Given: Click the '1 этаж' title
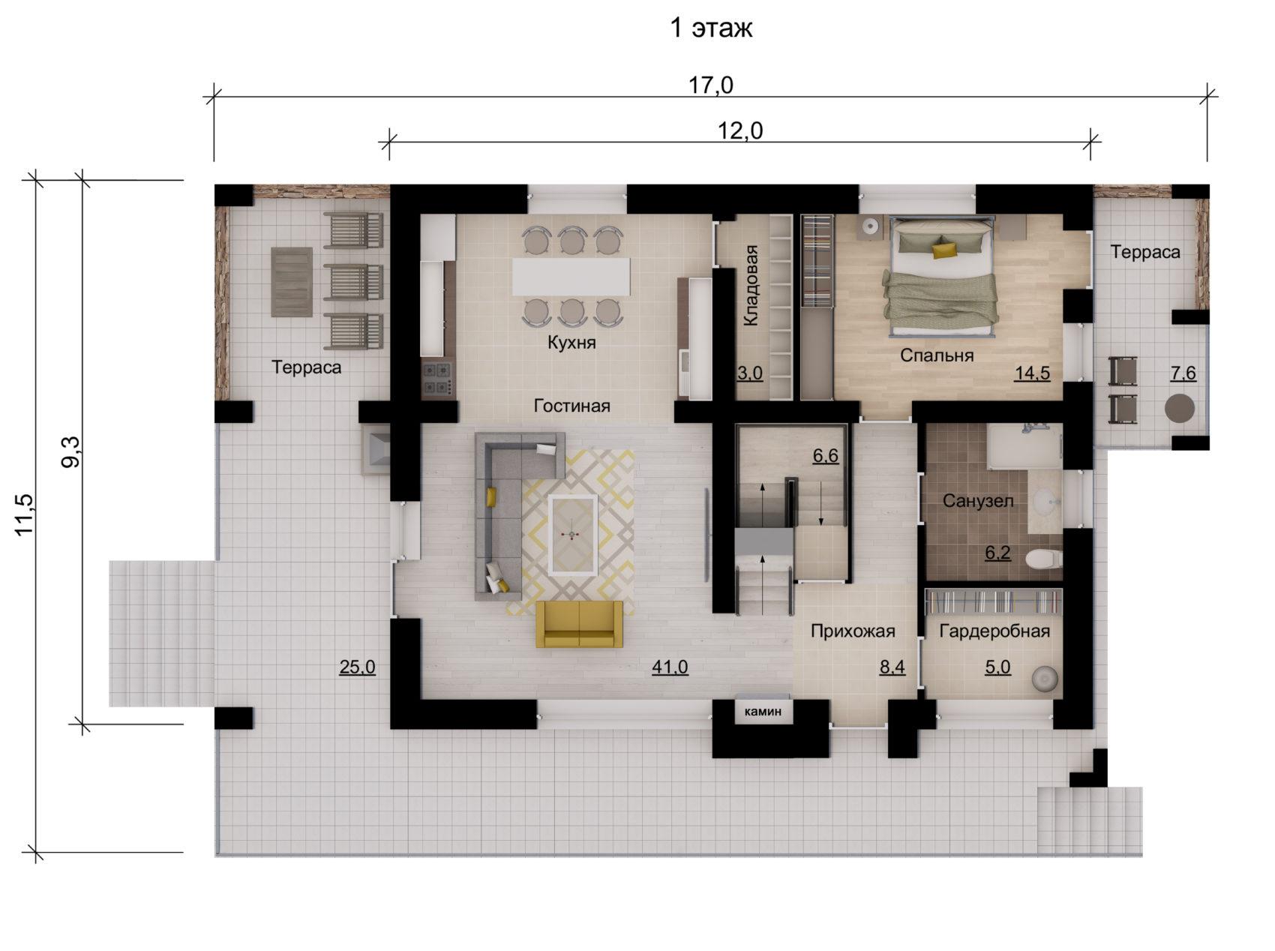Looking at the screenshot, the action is [x=710, y=28].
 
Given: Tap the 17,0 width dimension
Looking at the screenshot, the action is [x=711, y=85].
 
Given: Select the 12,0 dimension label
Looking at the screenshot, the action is [x=740, y=130].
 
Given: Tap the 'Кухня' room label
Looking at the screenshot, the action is [x=571, y=343].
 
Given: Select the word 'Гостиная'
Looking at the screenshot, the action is [x=571, y=406].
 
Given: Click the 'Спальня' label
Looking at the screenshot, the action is [x=937, y=355].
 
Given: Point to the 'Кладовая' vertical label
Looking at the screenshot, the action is [x=751, y=285].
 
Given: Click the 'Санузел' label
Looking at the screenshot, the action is [x=978, y=500].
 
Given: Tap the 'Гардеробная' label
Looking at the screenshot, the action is [x=994, y=631].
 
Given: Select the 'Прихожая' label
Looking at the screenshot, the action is [x=853, y=631].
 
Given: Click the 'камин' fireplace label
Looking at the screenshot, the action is [x=763, y=710].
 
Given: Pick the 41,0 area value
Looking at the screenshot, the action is [x=670, y=667].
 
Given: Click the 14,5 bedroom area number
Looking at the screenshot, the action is [x=1032, y=373].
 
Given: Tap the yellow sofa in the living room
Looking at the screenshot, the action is [x=579, y=623].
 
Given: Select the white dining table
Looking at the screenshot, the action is [x=571, y=276].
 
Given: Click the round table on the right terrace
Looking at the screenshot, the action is [x=1179, y=409].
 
